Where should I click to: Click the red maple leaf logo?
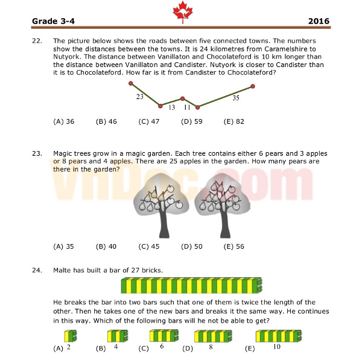click(x=180, y=10)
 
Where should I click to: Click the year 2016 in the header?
click(x=318, y=21)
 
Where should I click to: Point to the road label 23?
click(x=139, y=96)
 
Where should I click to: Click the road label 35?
click(x=235, y=97)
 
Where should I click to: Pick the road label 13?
click(x=171, y=108)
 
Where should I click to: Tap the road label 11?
click(x=187, y=108)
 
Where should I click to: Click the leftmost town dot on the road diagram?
click(x=130, y=83)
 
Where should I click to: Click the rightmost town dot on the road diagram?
click(x=252, y=86)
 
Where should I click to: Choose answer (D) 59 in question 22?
click(x=191, y=121)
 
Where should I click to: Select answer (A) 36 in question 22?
click(x=64, y=121)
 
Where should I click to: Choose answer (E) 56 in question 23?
click(x=233, y=246)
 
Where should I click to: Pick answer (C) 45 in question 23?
click(x=148, y=246)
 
